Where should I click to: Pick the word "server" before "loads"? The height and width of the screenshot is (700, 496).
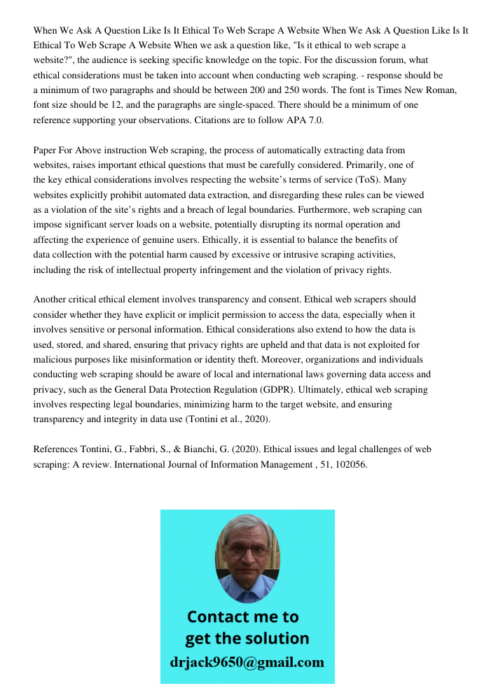(x=150, y=225)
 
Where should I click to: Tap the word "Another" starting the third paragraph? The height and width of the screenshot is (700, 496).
(x=51, y=300)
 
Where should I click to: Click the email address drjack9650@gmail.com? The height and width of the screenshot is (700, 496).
(x=247, y=662)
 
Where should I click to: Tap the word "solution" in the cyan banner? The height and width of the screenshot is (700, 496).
(x=277, y=638)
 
